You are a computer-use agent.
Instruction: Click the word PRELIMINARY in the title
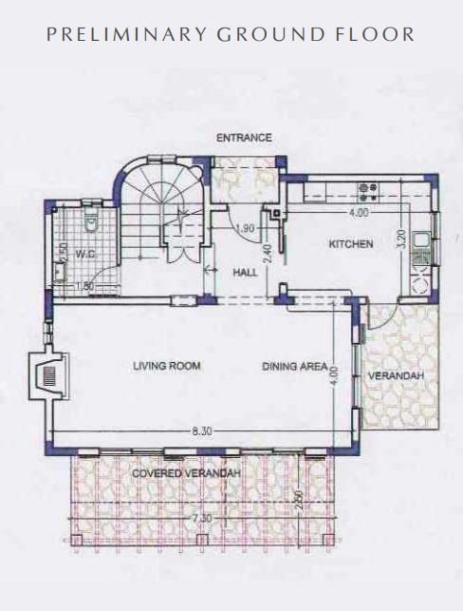(126, 34)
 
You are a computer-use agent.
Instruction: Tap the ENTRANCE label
(244, 138)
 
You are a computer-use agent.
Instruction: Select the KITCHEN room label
(351, 244)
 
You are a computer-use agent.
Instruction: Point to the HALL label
(245, 272)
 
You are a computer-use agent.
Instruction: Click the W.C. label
(85, 255)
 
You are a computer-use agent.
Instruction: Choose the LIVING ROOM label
(167, 366)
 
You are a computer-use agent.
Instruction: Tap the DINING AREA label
(294, 366)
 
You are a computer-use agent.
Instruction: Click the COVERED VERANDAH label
(186, 473)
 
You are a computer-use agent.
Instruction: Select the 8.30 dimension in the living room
(202, 431)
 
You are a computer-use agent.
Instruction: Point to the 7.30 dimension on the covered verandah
(202, 519)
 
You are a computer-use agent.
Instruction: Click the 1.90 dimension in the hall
(246, 228)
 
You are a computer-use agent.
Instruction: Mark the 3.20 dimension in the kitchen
(402, 239)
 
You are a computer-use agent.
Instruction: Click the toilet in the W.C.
(91, 220)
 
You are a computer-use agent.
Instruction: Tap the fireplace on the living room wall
(49, 376)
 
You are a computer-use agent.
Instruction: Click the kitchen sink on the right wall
(420, 240)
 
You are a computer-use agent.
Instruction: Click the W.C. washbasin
(60, 272)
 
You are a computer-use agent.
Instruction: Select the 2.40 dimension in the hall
(268, 254)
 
